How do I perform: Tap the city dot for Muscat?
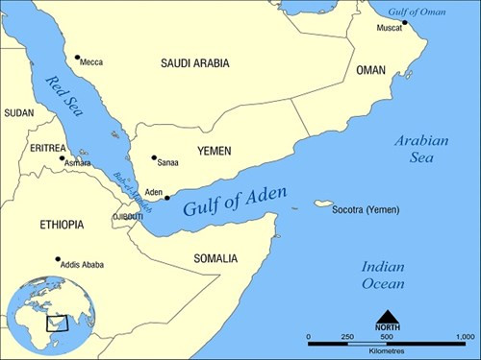click(405, 22)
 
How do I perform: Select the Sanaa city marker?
click(154, 158)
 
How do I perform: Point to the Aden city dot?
click(167, 199)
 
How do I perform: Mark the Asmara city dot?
click(63, 158)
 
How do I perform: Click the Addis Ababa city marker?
click(58, 258)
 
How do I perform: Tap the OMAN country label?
click(370, 71)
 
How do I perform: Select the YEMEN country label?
click(215, 152)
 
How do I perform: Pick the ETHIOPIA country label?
click(62, 225)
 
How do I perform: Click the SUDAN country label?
click(18, 112)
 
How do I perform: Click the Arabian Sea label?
click(420, 150)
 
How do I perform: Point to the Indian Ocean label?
click(382, 275)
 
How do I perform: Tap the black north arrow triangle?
click(387, 318)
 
